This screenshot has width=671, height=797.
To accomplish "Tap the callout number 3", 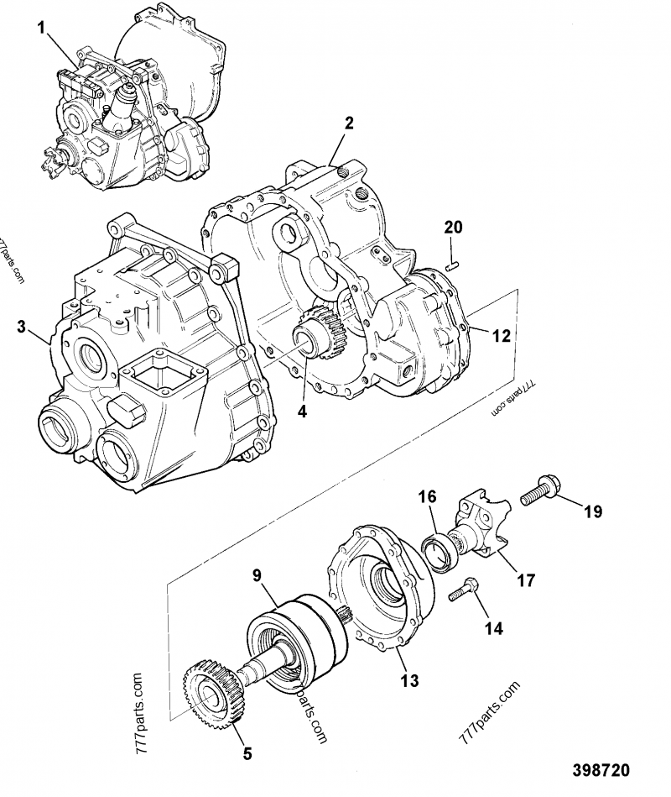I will [x=22, y=327].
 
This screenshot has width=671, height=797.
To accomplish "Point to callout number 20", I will [x=452, y=228].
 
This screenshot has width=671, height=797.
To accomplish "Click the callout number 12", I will [x=501, y=337].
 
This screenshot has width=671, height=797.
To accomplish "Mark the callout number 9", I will [x=258, y=576].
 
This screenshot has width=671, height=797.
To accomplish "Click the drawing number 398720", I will [x=601, y=770].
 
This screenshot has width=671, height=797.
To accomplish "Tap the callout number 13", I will [x=408, y=681].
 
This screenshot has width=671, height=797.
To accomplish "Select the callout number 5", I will [x=247, y=753].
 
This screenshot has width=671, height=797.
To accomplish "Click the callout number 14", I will [x=494, y=627].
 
